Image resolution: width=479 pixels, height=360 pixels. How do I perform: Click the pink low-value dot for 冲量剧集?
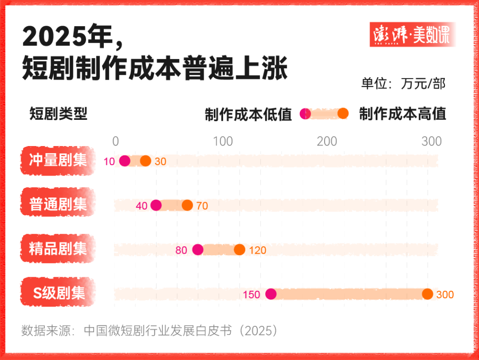(x=124, y=161)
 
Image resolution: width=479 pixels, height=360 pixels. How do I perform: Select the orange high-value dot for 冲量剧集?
(x=145, y=161)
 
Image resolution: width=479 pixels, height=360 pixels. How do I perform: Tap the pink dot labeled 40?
(x=156, y=205)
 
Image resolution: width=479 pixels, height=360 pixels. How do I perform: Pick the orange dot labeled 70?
(x=187, y=205)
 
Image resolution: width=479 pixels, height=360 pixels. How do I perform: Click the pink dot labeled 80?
(x=198, y=250)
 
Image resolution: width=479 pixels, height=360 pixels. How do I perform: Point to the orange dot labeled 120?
(x=239, y=250)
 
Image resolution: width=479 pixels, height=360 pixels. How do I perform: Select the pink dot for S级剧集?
(x=271, y=294)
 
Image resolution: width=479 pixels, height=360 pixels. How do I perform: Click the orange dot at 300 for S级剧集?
(x=428, y=294)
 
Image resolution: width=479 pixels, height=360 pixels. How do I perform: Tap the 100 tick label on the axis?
(x=223, y=141)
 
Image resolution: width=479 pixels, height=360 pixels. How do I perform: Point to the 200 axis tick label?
(x=327, y=141)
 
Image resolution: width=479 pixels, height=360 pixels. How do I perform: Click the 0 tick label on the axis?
(x=116, y=141)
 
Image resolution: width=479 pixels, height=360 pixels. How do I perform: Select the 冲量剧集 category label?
(x=58, y=161)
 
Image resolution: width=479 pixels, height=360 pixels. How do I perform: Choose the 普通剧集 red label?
(x=58, y=205)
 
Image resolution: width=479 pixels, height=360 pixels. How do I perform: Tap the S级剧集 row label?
(x=58, y=293)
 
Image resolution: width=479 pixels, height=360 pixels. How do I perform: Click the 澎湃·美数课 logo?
(x=412, y=35)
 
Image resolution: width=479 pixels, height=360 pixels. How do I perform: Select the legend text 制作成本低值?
(x=248, y=114)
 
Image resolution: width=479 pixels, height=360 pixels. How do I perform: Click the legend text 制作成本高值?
(x=402, y=114)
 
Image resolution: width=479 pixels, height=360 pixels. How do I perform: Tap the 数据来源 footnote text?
(x=150, y=331)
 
